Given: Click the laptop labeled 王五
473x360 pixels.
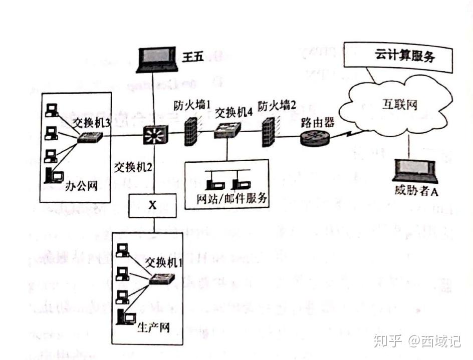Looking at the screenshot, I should click(156, 59).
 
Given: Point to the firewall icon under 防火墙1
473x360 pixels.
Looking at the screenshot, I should click(192, 131).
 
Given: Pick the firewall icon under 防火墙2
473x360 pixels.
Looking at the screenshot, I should click(269, 131).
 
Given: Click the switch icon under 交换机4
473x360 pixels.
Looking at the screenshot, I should click(227, 131).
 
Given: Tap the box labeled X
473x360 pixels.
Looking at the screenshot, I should click(152, 205).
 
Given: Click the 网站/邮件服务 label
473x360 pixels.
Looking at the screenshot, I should click(231, 199).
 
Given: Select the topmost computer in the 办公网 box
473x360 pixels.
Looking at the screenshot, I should click(51, 111).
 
